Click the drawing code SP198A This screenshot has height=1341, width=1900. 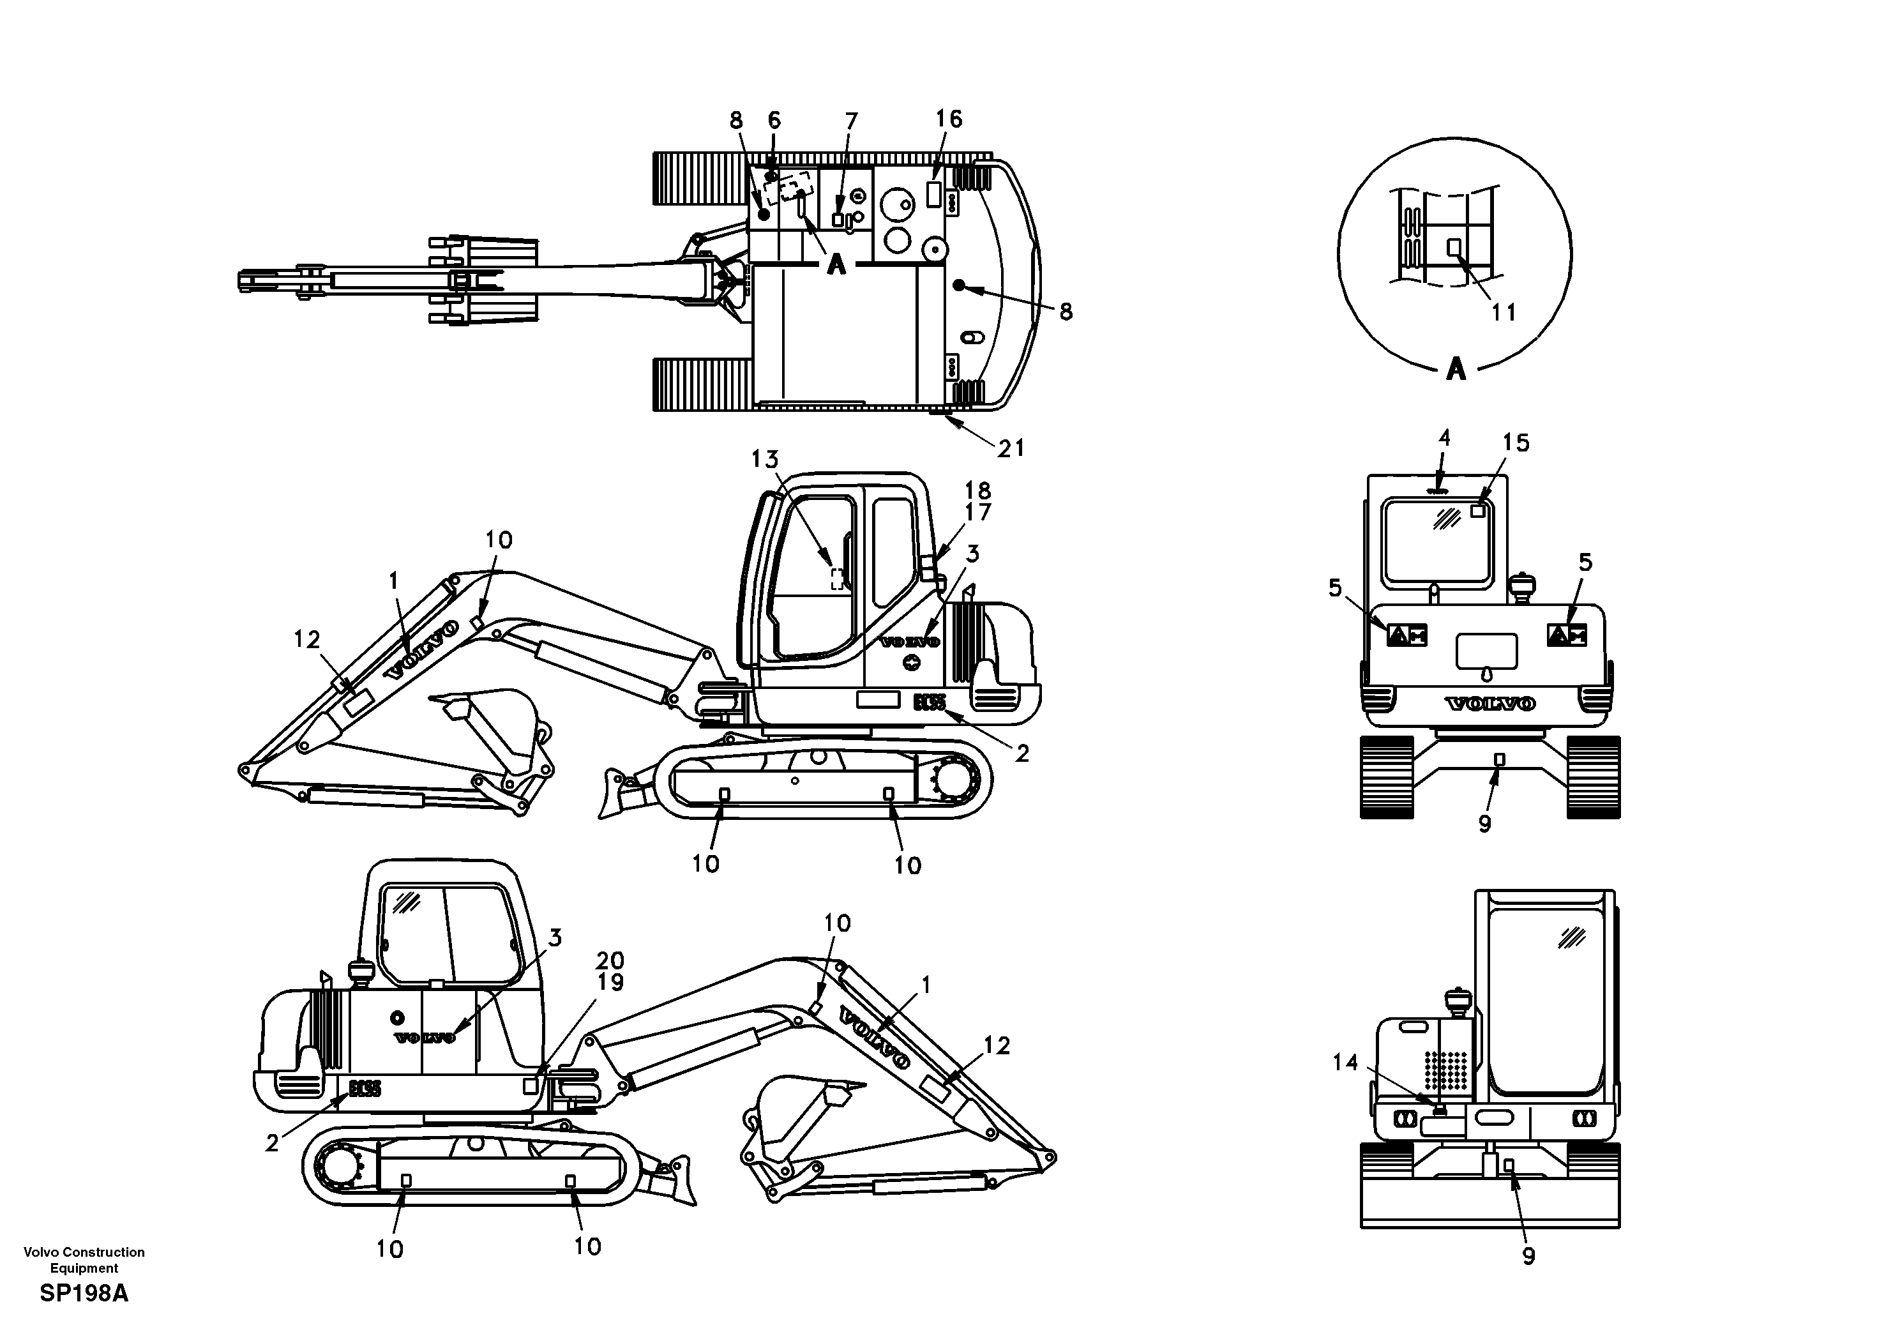[x=84, y=1294]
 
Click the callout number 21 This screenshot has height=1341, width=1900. [x=1011, y=449]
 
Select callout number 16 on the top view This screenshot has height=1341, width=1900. [x=949, y=119]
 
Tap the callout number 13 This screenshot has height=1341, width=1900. [x=765, y=458]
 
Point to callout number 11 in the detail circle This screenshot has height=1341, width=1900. [x=1503, y=312]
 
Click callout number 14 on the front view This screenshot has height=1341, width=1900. [x=1346, y=1062]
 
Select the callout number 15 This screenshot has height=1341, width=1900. [x=1516, y=443]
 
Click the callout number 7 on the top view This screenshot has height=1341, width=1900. [x=850, y=122]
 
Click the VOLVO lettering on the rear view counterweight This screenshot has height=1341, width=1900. [x=1489, y=704]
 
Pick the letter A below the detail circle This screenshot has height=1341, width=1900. [x=1456, y=368]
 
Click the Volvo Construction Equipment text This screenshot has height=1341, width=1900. [x=84, y=1260]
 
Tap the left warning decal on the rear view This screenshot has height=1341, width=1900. [x=1406, y=635]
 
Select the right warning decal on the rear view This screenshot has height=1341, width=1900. [x=1567, y=635]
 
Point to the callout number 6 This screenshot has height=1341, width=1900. [x=774, y=121]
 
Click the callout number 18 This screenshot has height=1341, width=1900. [x=977, y=491]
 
